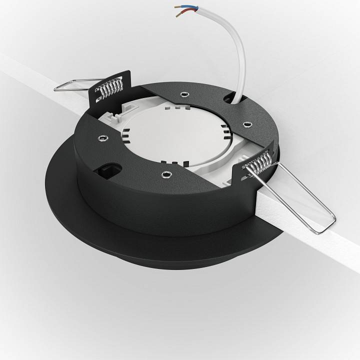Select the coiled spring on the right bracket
tap(259, 163)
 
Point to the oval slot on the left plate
tap(111, 170)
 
